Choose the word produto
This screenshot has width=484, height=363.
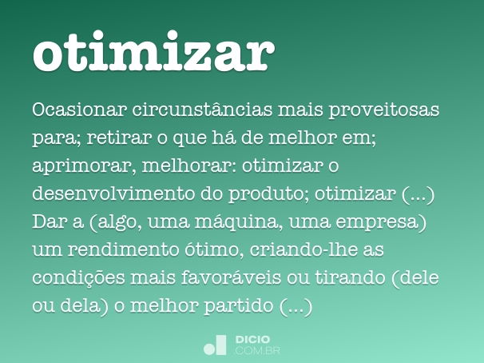tap(270, 195)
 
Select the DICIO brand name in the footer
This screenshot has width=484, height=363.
tap(253, 340)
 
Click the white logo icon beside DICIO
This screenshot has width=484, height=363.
tap(216, 345)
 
